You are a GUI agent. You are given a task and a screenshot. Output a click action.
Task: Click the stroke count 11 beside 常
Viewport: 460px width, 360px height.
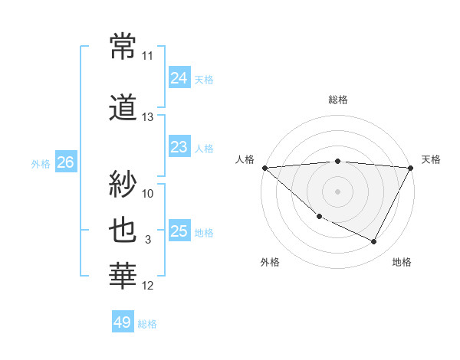click(x=148, y=56)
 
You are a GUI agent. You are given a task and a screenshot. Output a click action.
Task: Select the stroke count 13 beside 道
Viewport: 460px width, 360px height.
click(x=148, y=117)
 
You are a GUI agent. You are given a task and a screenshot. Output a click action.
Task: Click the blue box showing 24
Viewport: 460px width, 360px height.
click(x=179, y=77)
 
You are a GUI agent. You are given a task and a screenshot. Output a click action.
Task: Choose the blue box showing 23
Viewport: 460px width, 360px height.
click(x=179, y=146)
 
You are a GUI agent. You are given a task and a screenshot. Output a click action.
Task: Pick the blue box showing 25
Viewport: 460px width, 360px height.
click(x=179, y=231)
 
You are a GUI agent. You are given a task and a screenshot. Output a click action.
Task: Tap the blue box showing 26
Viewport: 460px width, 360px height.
click(x=65, y=162)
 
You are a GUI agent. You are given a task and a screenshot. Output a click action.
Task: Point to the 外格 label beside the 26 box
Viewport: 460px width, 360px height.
click(x=41, y=163)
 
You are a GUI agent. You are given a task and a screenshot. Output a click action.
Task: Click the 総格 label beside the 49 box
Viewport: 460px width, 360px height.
click(x=147, y=324)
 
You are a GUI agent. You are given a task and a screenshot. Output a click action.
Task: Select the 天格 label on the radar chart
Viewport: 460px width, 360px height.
click(x=431, y=159)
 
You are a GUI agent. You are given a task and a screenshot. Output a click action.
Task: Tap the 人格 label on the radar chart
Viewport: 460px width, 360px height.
click(x=245, y=159)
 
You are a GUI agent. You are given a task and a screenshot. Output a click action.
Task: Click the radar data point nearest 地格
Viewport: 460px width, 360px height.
click(x=374, y=242)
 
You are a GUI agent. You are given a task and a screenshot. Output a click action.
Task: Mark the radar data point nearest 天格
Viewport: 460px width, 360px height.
click(x=411, y=168)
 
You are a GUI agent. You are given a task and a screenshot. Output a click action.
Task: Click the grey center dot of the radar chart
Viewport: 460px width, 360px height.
click(x=337, y=191)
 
